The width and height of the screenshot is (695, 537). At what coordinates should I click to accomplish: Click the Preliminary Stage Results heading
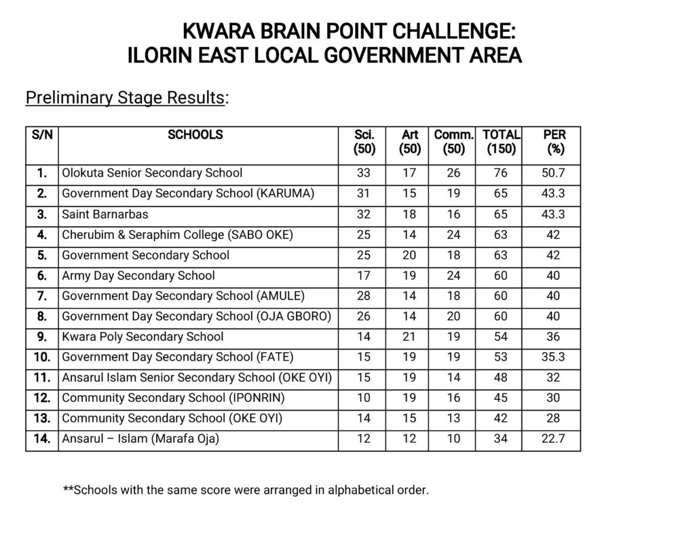[125, 98]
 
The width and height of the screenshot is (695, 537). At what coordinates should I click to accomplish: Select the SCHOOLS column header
[195, 135]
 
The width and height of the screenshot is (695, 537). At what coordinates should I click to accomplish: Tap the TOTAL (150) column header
[501, 142]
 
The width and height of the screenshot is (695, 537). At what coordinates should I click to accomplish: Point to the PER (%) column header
[555, 142]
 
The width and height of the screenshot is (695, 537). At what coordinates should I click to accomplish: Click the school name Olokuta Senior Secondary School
[152, 173]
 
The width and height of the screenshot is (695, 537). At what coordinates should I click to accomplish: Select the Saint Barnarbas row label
[105, 214]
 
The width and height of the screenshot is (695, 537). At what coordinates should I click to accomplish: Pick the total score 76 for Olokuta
[501, 173]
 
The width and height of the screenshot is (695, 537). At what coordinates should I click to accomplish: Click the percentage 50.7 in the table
[553, 173]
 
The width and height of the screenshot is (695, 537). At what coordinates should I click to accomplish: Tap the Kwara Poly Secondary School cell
[143, 337]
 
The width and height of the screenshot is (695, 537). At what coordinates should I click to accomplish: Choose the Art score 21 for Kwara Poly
[409, 337]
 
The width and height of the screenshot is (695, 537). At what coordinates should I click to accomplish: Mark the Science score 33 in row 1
[364, 173]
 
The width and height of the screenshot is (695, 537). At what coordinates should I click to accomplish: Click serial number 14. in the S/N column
[42, 439]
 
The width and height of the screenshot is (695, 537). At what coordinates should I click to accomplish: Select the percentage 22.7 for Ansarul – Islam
[553, 439]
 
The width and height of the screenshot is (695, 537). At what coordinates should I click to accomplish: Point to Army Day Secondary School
[138, 276]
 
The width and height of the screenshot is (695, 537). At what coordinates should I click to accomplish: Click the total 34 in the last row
[501, 439]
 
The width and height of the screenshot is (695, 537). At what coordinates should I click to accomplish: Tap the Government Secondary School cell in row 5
[146, 255]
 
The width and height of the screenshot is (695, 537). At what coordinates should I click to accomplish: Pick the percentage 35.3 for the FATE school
[553, 357]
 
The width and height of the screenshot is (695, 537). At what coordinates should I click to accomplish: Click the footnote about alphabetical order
[246, 489]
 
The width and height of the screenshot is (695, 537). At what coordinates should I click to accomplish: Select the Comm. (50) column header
[453, 142]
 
